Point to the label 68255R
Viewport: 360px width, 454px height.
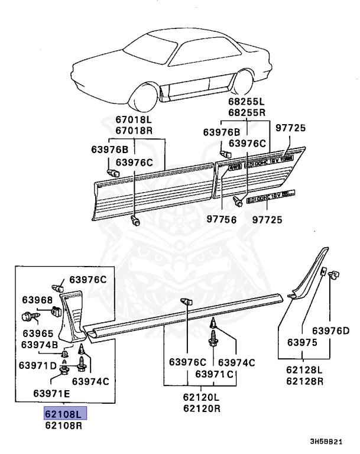click(x=247, y=111)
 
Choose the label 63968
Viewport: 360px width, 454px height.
click(x=37, y=300)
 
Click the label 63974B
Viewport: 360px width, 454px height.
click(x=40, y=345)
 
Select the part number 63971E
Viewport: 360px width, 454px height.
click(x=51, y=393)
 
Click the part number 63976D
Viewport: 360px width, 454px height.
click(x=330, y=330)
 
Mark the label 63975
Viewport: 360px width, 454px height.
click(x=301, y=342)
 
